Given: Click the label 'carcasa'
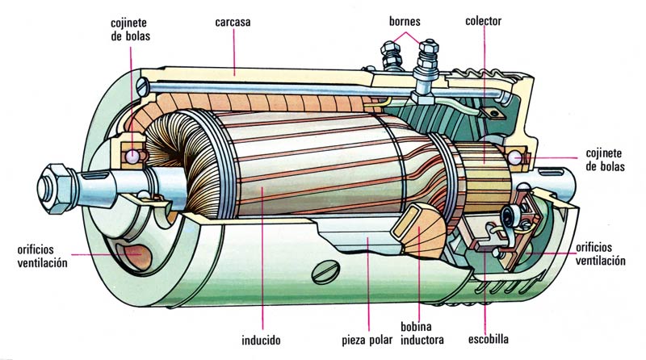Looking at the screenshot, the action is pos(233,22).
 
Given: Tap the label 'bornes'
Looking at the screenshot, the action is pos(405,21).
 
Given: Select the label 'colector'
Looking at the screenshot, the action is pos(483,21).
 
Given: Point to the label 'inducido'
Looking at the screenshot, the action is pos(261,341).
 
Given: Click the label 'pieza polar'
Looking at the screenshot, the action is pos(367,341).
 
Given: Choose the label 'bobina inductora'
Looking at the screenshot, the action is pos(422,333).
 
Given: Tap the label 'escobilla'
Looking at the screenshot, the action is pos(489,339).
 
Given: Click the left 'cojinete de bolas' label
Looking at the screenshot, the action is pos(130,29).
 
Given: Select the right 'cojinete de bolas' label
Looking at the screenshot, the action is pos(605,161).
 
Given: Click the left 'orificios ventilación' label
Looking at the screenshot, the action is pos(42,256).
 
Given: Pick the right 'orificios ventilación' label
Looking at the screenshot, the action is pos(600,254).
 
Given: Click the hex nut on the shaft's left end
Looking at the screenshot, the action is pos(56,188).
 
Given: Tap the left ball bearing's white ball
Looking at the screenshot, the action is pos(132,156).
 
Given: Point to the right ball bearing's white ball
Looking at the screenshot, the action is pos(514,157).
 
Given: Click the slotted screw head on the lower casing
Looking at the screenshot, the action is pos(325,272).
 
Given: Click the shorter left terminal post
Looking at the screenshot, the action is pos(391,56).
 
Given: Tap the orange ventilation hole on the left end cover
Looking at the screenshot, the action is pos(134,255).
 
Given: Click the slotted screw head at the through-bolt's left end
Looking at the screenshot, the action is pos(143,87).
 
